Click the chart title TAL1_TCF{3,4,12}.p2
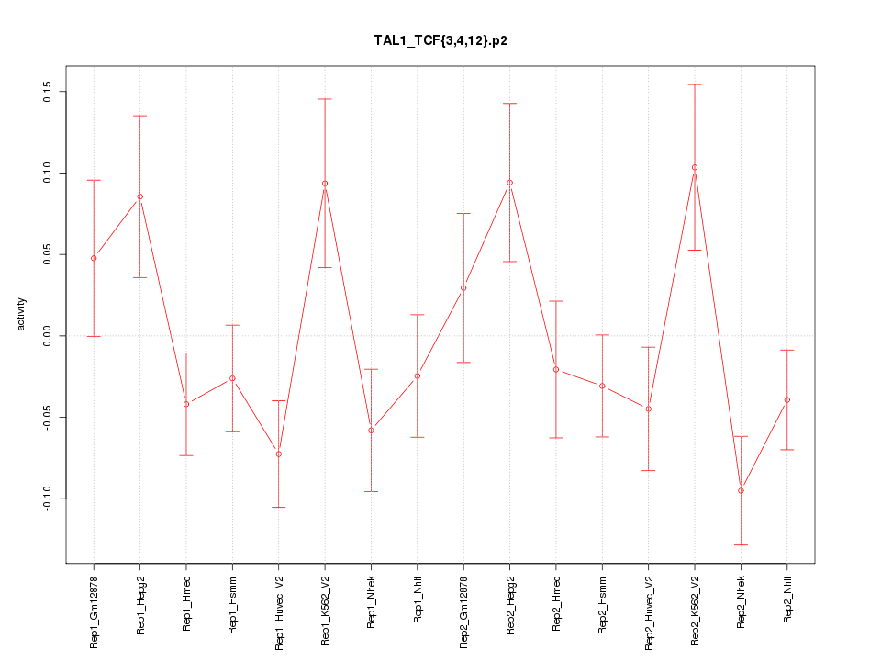(x=440, y=41)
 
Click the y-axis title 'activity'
(x=21, y=314)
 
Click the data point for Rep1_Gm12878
(x=94, y=258)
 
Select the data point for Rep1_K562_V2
(x=325, y=184)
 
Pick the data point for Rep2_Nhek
(x=741, y=490)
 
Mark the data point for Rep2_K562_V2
(x=695, y=167)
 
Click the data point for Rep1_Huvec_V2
(x=279, y=454)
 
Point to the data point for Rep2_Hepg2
(x=509, y=183)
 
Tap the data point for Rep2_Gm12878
(x=463, y=287)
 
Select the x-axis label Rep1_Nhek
(x=371, y=601)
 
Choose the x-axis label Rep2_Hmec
(x=556, y=601)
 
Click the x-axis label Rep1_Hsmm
(x=233, y=602)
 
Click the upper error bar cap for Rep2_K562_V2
(x=695, y=84)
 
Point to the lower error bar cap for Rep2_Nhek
(x=741, y=544)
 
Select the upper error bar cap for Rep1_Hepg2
(x=140, y=116)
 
